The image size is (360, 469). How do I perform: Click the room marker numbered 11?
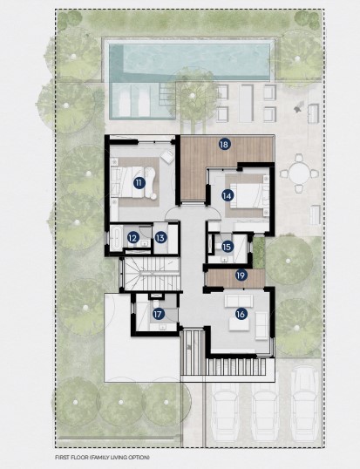click(138, 182)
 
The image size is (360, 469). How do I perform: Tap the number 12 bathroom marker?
click(133, 238)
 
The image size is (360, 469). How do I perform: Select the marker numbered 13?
click(160, 238)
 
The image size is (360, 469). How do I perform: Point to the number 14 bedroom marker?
click(227, 195)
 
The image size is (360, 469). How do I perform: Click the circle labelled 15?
click(227, 247)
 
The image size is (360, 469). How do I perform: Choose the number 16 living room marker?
click(241, 314)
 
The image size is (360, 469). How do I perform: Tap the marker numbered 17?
click(158, 314)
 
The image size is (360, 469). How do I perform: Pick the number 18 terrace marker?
click(224, 145)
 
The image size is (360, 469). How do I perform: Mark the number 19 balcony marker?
click(241, 275)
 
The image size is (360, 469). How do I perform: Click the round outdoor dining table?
click(299, 173)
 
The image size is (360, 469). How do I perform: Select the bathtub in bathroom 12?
click(115, 238)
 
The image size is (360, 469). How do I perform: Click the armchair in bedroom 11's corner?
click(166, 156)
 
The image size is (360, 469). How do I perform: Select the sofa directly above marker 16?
click(239, 301)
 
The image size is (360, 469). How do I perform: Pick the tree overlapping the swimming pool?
click(193, 96)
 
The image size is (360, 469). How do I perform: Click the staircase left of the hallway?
click(152, 274)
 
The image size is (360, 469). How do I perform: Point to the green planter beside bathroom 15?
click(259, 253)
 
